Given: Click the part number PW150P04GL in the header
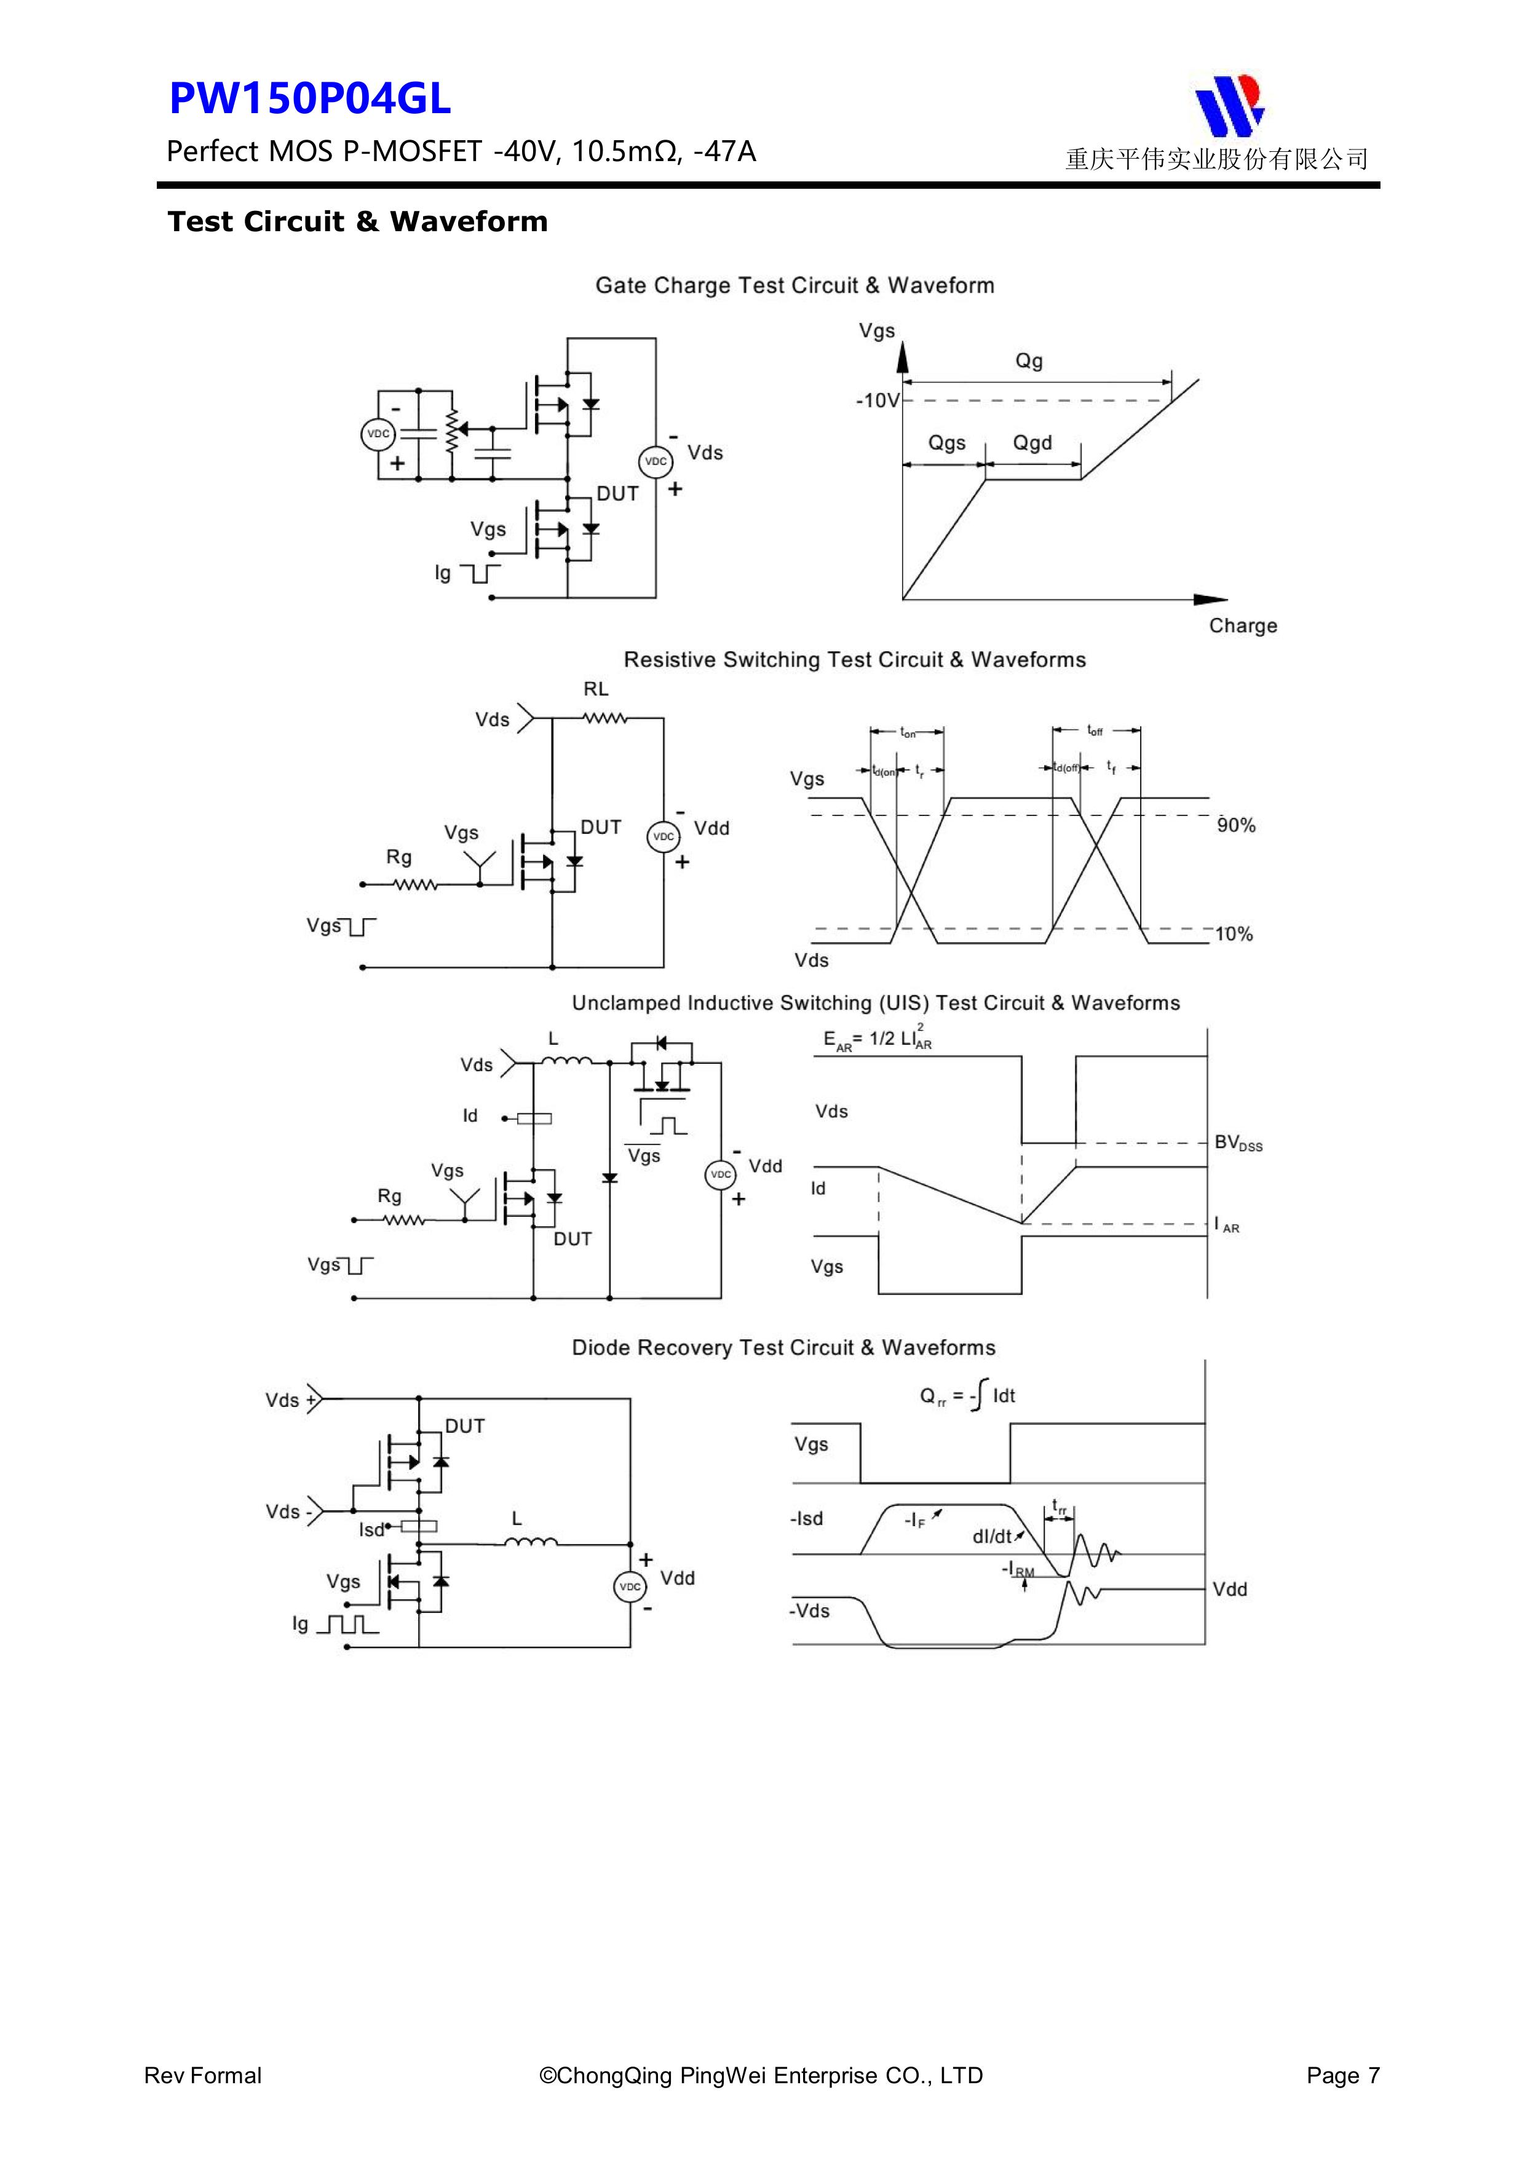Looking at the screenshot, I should pyautogui.click(x=310, y=98).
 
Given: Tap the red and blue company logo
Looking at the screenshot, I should pyautogui.click(x=1229, y=105).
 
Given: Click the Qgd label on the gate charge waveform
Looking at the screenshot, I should pyautogui.click(x=1032, y=443).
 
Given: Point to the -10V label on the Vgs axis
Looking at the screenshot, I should pyautogui.click(x=877, y=401).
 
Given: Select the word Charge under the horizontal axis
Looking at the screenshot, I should pyautogui.click(x=1242, y=626).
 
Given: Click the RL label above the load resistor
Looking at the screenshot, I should pyautogui.click(x=596, y=689).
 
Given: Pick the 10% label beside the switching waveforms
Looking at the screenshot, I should pyautogui.click(x=1234, y=934).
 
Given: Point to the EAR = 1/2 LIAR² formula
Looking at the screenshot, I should pyautogui.click(x=877, y=1040).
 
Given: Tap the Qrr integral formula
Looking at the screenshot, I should pyautogui.click(x=967, y=1396).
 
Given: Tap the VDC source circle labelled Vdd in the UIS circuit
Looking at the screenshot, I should pyautogui.click(x=721, y=1174).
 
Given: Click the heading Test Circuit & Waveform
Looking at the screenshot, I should pyautogui.click(x=357, y=222).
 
